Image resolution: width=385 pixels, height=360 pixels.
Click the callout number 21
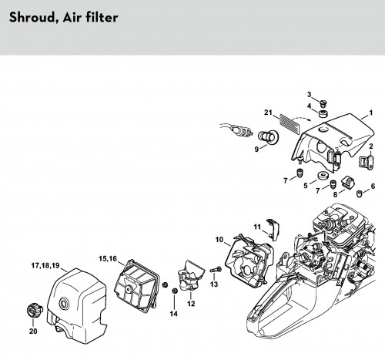(x=268, y=113)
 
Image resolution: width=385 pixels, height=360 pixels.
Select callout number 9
(x=256, y=150)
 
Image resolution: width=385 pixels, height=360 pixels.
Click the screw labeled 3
(x=322, y=103)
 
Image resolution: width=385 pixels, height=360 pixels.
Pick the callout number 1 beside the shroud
(x=370, y=113)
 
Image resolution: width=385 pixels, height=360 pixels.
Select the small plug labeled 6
(x=360, y=193)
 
